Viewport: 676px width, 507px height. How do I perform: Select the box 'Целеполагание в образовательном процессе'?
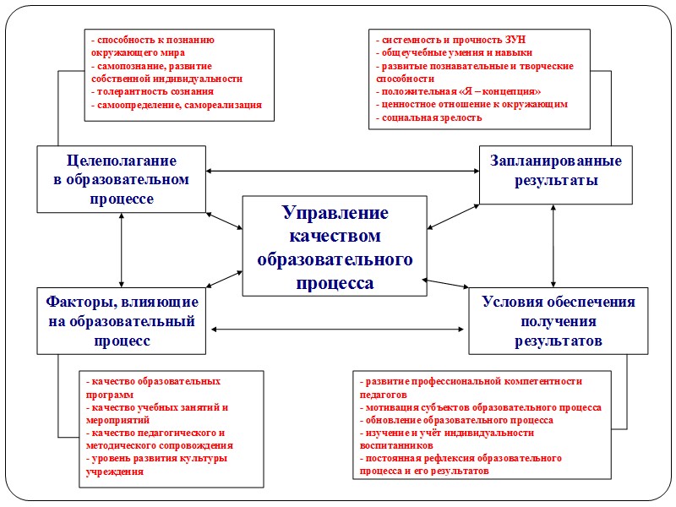(122, 178)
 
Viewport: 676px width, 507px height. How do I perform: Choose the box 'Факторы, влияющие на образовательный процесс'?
(122, 321)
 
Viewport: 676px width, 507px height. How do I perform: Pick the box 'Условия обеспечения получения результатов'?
(558, 321)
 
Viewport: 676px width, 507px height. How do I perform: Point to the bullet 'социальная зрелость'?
(431, 118)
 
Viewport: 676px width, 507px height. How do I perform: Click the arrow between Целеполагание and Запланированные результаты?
(342, 172)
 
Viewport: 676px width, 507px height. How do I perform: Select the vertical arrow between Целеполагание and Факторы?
(123, 249)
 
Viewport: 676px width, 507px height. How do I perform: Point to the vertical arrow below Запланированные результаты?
(553, 246)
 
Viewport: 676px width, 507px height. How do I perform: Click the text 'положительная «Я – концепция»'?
(461, 91)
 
